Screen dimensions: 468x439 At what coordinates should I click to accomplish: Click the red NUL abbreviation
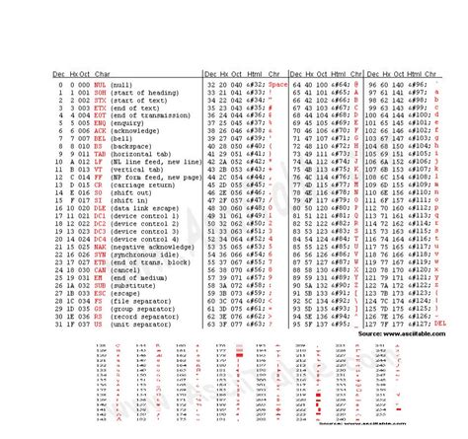click(72, 86)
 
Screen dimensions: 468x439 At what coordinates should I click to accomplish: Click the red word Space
click(276, 86)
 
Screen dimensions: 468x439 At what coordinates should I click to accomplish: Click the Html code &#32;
click(252, 86)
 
